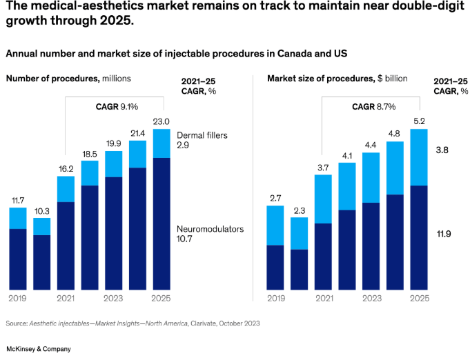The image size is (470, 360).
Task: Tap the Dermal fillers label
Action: pyautogui.click(x=202, y=136)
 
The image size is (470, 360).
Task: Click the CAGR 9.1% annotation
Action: pyautogui.click(x=117, y=106)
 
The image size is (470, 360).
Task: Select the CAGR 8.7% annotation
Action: pyautogui.click(x=373, y=106)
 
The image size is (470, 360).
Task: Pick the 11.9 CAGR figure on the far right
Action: pyautogui.click(x=443, y=234)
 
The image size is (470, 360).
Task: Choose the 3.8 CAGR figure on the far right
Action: pyautogui.click(x=442, y=149)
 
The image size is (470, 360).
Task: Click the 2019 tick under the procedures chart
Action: pyautogui.click(x=18, y=299)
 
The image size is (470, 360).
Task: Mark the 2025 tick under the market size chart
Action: pyautogui.click(x=419, y=299)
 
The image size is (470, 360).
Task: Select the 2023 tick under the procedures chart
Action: pyautogui.click(x=114, y=299)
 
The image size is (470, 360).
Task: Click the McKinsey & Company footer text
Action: pyautogui.click(x=38, y=349)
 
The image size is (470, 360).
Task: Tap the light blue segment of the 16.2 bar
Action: pyautogui.click(x=66, y=189)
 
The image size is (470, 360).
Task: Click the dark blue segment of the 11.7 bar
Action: pyautogui.click(x=18, y=259)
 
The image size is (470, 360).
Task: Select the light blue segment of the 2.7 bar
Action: pyautogui.click(x=275, y=225)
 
